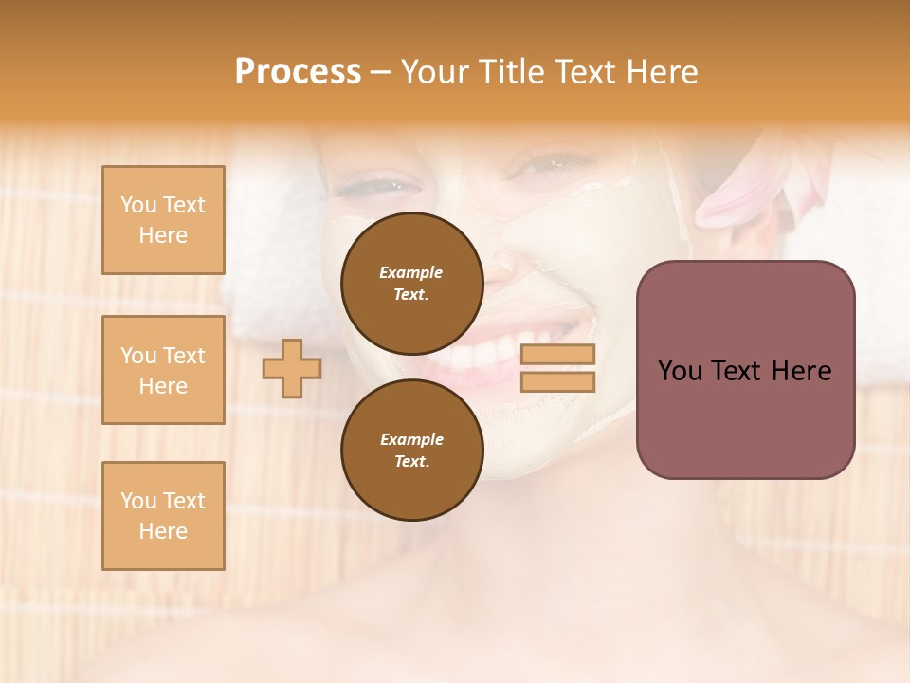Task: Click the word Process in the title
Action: [x=298, y=72]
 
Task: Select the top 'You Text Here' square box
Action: [x=163, y=220]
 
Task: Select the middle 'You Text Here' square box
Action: [x=163, y=370]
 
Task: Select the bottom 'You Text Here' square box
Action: [x=163, y=515]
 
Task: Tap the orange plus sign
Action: [x=292, y=368]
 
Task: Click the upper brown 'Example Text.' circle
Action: [x=411, y=283]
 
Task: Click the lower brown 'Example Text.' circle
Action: [x=411, y=450]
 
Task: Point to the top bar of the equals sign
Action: [x=558, y=354]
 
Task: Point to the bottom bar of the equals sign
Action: [x=558, y=382]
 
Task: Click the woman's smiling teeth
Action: [x=474, y=357]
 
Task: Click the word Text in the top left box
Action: [x=184, y=205]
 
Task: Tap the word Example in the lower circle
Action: [x=411, y=439]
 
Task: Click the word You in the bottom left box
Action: [x=138, y=501]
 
